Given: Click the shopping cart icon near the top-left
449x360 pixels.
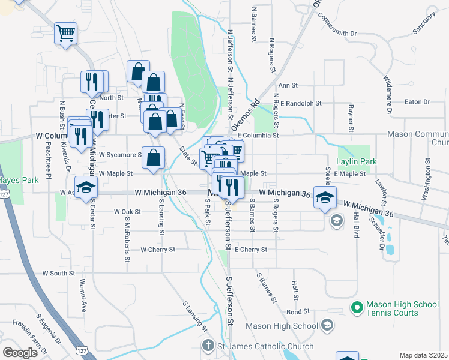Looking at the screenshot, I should (x=66, y=33).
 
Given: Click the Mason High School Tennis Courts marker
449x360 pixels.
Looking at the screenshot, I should (x=357, y=308).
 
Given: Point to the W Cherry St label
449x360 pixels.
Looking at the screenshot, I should (x=158, y=249).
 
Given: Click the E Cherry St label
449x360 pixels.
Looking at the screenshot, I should (x=251, y=249).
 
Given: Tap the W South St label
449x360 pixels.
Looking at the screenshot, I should (x=58, y=273).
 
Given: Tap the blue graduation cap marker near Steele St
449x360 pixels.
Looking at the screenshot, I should (x=324, y=196).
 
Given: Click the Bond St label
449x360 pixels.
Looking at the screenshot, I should (x=298, y=312).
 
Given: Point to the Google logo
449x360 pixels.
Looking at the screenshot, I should (x=20, y=352).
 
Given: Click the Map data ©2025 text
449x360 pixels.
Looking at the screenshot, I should (x=423, y=355).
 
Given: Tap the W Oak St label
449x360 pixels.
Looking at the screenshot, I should (x=127, y=212).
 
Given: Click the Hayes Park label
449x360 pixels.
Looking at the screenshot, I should (x=14, y=179).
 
